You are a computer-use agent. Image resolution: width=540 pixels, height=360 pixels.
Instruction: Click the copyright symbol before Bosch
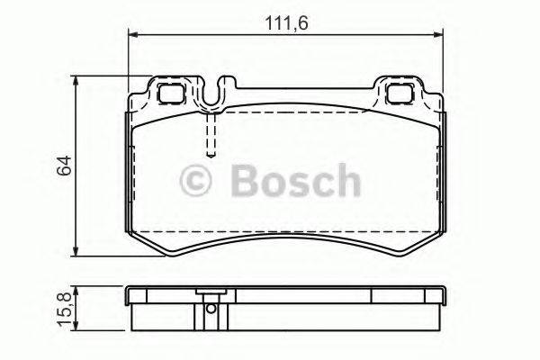[197, 181]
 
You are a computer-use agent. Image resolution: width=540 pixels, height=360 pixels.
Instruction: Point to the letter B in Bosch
[244, 181]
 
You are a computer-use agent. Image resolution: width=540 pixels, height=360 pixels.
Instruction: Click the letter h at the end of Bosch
[345, 181]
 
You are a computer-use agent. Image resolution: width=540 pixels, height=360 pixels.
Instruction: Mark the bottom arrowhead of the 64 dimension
[78, 253]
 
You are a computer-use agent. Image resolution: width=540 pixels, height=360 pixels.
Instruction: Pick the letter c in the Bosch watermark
[321, 184]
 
